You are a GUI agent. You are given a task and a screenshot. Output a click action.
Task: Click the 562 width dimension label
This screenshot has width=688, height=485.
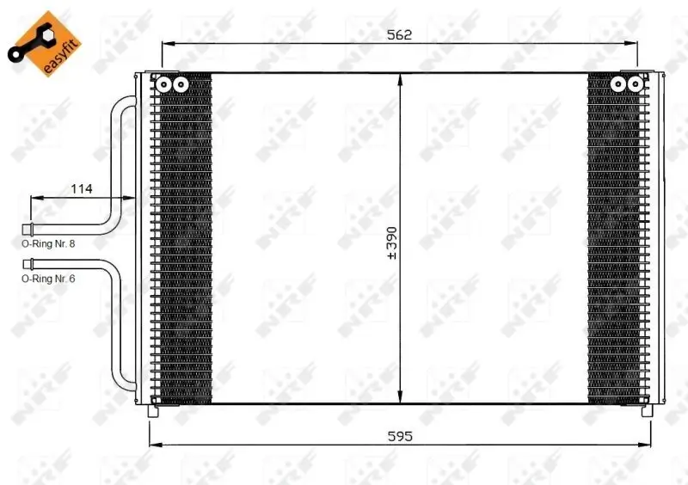pos(399,34)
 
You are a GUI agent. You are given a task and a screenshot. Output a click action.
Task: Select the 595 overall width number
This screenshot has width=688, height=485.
pos(399,436)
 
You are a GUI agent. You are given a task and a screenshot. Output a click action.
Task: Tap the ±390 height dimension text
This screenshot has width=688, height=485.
pos(392,243)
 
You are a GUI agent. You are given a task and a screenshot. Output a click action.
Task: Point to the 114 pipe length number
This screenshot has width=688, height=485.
pos(82,187)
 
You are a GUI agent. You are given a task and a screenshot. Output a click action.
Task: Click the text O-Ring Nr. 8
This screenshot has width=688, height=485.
pos(49,244)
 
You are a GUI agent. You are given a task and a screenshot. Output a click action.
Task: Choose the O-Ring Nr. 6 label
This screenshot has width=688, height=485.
pos(49,279)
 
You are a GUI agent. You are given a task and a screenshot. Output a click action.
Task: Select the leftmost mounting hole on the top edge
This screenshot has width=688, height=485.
pos(163,83)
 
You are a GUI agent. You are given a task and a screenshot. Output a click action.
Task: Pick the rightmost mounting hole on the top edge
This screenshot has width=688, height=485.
pos(635,83)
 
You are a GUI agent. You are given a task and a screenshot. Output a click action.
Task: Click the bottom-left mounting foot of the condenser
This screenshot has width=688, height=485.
pos(154,410)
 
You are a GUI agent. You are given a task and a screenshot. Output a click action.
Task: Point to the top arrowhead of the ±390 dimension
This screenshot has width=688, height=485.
pos(400,77)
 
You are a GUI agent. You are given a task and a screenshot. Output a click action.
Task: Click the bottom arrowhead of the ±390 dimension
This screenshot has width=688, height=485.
pos(400,399)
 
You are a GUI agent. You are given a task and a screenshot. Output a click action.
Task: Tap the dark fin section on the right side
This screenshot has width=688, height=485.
pos(614,241)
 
